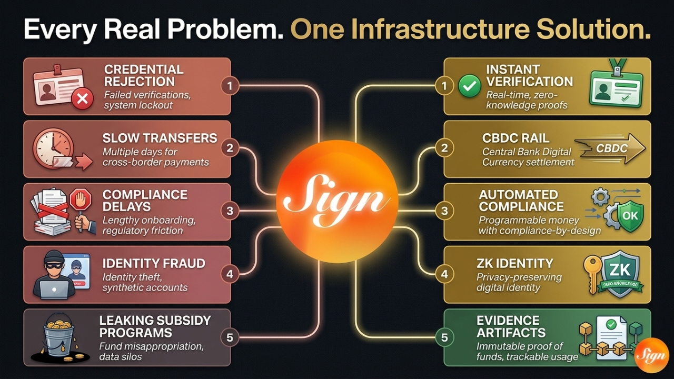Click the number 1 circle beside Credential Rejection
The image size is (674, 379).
(230, 86)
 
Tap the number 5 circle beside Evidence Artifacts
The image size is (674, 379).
(444, 337)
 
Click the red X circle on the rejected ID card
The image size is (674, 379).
(82, 98)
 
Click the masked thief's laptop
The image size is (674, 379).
(54, 289)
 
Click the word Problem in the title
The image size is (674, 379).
(229, 31)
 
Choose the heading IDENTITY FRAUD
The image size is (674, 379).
(154, 263)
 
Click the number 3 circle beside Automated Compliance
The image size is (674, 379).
(444, 212)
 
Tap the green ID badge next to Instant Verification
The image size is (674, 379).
(616, 89)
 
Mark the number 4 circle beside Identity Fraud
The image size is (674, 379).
(230, 274)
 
